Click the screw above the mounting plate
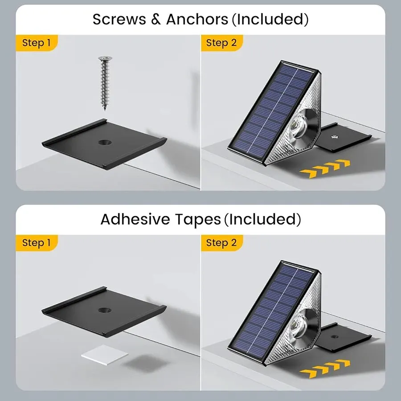[105, 83]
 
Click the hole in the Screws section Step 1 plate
[105, 142]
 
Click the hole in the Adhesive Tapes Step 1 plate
[105, 310]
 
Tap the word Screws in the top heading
[119, 19]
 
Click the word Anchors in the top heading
[197, 19]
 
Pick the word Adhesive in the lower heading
[135, 219]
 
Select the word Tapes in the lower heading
[198, 219]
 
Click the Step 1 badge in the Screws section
[37, 43]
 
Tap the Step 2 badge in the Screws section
[221, 43]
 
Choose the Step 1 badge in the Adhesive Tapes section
[37, 243]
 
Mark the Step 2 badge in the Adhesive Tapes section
[221, 243]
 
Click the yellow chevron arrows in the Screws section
[325, 168]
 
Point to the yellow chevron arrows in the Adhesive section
[325, 368]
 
